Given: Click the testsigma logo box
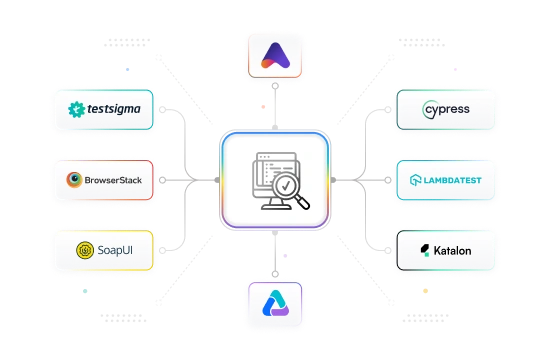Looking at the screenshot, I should point(106,110).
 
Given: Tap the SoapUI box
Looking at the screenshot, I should point(106,248).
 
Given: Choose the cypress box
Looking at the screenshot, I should point(443,110).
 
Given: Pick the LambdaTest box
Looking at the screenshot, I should point(443,180).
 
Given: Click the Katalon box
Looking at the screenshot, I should point(443,248).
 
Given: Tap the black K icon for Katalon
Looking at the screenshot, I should point(424,249).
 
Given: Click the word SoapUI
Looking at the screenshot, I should point(115,249).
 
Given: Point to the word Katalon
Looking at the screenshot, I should point(452,249).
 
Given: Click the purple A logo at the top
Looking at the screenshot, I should point(274,56).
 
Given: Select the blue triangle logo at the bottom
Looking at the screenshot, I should point(274,304).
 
